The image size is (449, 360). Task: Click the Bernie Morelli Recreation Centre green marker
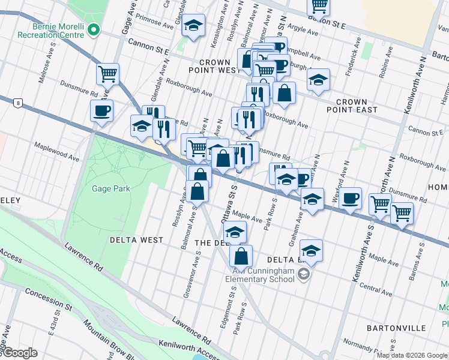93,29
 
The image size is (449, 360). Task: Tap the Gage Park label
110,188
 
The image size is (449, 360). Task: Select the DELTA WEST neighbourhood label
136,240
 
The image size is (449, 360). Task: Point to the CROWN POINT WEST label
215,66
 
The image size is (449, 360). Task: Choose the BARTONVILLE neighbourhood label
396,328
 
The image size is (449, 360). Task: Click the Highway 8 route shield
19,103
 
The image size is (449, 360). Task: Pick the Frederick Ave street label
352,56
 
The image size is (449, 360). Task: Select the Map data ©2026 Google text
411,355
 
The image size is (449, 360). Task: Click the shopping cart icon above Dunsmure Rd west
107,74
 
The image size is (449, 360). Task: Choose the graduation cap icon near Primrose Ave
193,26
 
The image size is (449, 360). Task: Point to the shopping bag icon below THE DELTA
241,256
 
